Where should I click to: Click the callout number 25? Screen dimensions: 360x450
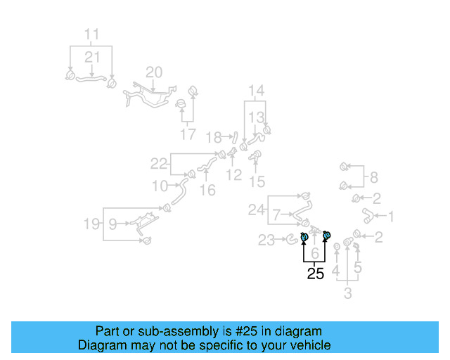pos(316,274)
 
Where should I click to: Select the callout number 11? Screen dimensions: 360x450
pos(92,34)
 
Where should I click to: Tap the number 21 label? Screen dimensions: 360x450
pos(93,57)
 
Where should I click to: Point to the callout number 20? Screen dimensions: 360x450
pos(154,72)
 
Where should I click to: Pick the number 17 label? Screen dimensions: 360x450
pos(188,134)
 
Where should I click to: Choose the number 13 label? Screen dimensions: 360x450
pos(257,117)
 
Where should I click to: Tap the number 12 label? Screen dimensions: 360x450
pos(233,174)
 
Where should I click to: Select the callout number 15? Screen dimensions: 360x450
pos(257,182)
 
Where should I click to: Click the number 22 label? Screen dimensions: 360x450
pos(159,164)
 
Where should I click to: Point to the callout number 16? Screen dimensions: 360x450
pos(207,191)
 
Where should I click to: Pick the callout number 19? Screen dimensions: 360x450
pos(91,224)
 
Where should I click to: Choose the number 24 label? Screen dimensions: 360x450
pos(256,209)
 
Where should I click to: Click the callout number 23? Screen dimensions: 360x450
pos(266,241)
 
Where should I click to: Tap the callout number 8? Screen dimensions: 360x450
pos(373,177)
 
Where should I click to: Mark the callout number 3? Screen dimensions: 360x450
pos(347,292)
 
